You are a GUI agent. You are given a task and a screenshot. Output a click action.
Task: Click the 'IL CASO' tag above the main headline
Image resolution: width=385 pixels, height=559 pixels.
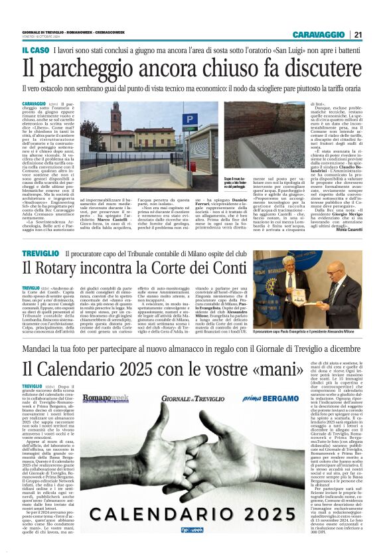[x=35, y=50]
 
